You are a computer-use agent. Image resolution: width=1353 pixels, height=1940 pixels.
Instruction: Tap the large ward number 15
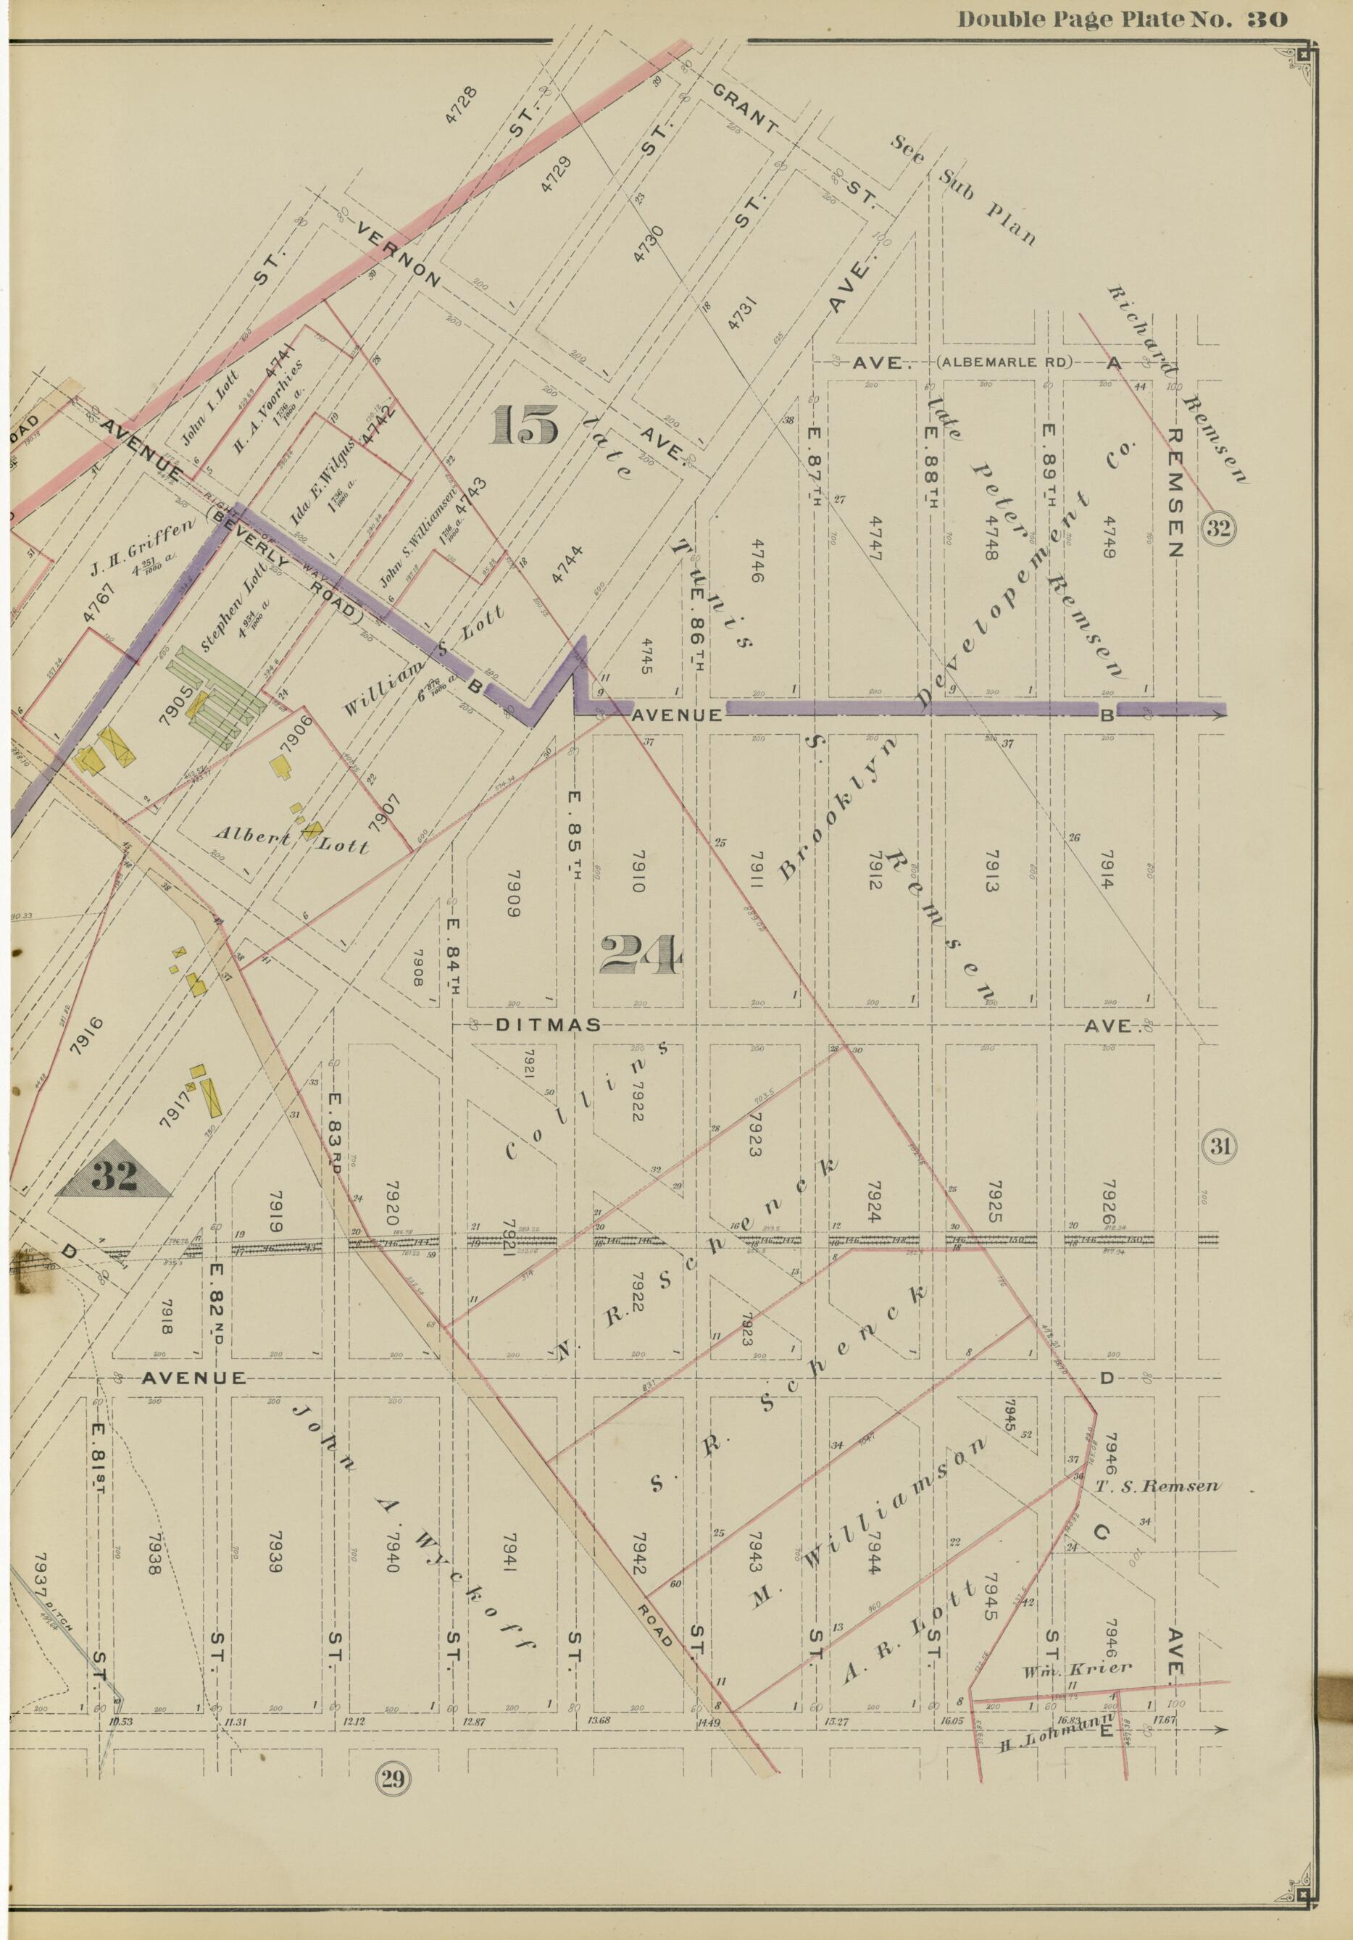pos(525,425)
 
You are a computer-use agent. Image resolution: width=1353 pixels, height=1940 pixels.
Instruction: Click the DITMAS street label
pos(548,1025)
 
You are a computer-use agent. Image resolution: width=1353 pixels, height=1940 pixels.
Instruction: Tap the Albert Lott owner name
pos(291,840)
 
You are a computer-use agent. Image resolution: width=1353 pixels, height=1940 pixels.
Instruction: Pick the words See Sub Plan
pos(963,189)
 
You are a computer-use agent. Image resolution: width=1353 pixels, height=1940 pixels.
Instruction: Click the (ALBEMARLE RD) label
pos(1004,362)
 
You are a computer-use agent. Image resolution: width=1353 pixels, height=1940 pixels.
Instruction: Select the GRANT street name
pos(744,110)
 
